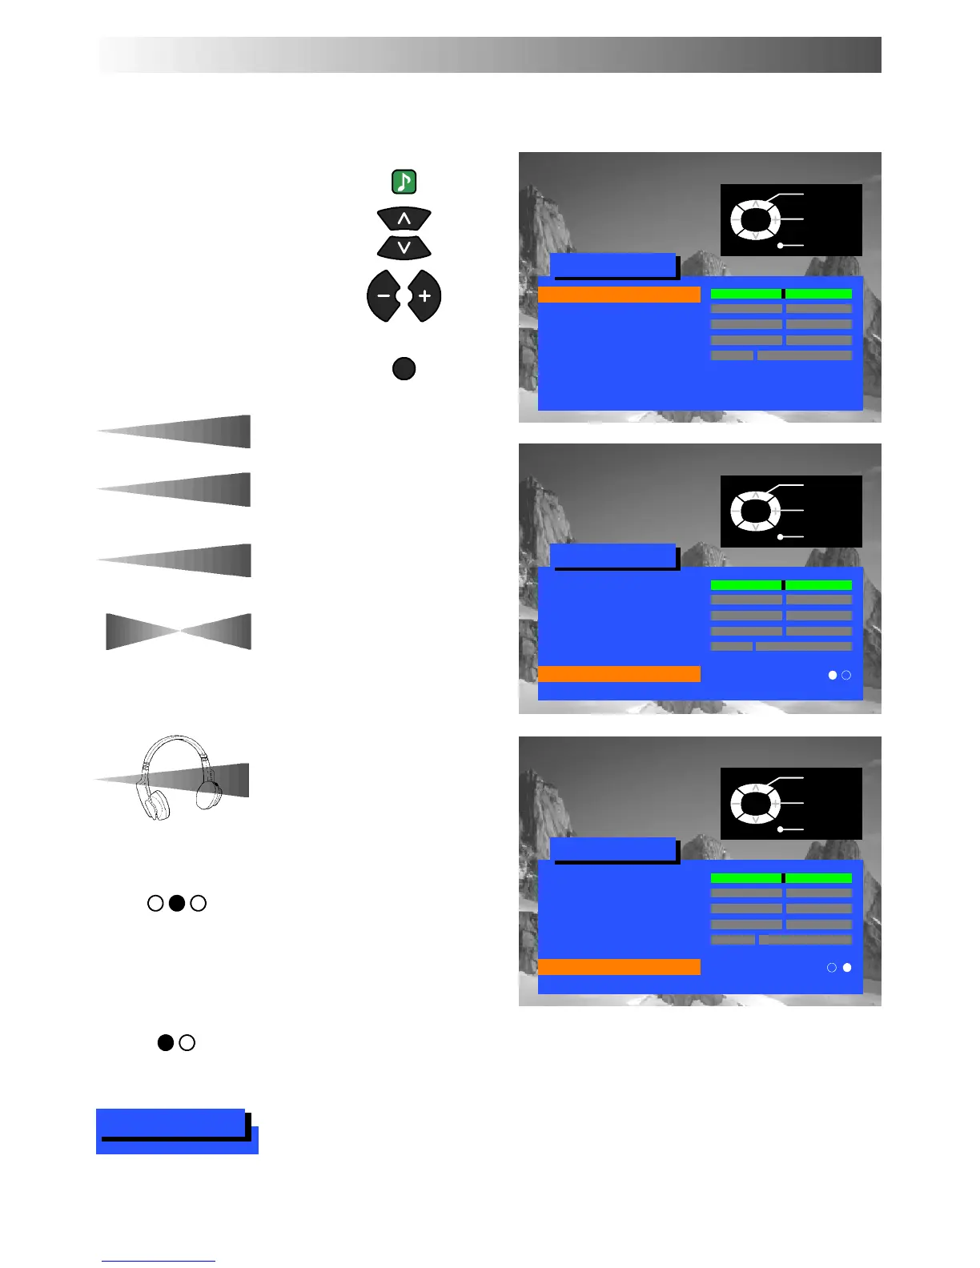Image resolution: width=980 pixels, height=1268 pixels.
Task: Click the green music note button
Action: (x=404, y=182)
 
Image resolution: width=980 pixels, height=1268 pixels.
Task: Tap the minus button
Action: (x=384, y=296)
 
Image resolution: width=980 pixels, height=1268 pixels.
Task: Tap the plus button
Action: (x=424, y=296)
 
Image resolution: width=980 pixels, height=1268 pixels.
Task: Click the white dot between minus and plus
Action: (x=404, y=296)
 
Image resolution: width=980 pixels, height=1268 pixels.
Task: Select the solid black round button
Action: (x=404, y=368)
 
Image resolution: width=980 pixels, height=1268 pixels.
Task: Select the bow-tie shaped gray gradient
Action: (x=179, y=632)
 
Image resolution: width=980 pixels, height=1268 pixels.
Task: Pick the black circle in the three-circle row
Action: (x=177, y=903)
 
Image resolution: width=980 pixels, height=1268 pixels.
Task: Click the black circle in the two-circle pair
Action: (x=165, y=1042)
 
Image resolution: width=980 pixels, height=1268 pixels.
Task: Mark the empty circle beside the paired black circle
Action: (x=187, y=1042)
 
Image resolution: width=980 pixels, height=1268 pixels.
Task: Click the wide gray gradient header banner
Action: (x=489, y=54)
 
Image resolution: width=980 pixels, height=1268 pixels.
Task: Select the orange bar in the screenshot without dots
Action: (x=618, y=294)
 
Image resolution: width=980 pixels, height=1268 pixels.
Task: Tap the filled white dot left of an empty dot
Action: (x=833, y=675)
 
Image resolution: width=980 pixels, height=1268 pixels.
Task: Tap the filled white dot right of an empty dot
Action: (x=847, y=968)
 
